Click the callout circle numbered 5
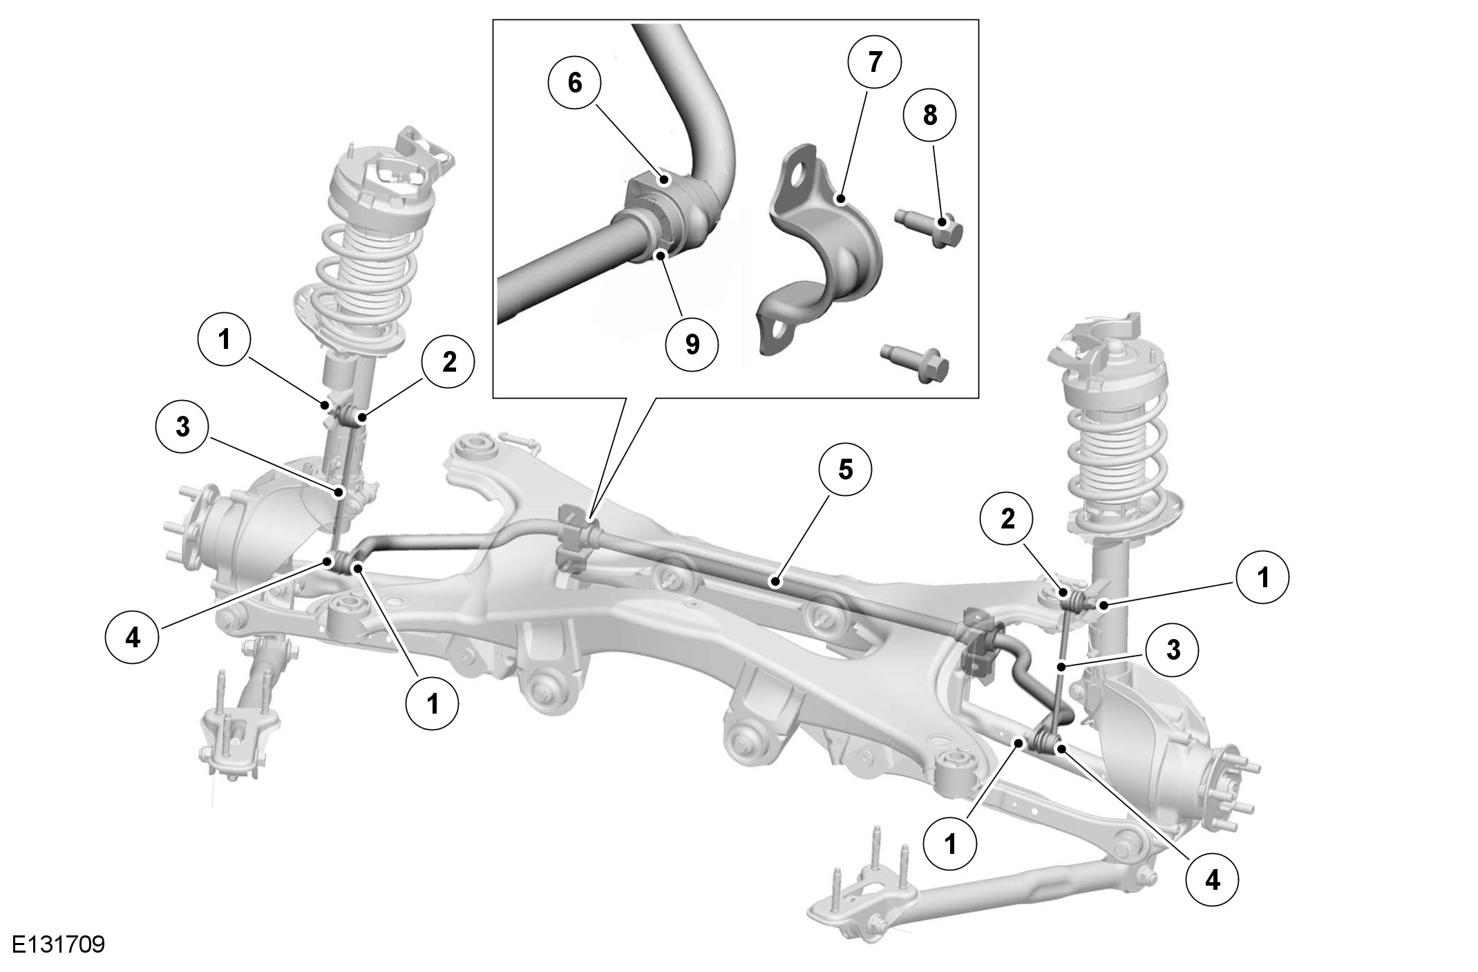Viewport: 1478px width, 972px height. pyautogui.click(x=845, y=470)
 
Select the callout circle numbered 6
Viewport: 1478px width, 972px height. pyautogui.click(x=575, y=83)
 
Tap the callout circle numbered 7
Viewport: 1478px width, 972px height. pyautogui.click(x=874, y=62)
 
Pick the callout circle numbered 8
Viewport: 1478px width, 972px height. pyautogui.click(x=930, y=115)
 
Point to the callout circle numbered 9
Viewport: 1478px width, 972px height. pyautogui.click(x=692, y=344)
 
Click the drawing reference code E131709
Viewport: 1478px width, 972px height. pyautogui.click(x=58, y=944)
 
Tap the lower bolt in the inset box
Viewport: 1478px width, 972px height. pyautogui.click(x=913, y=361)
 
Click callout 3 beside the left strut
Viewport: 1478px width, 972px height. pyautogui.click(x=182, y=427)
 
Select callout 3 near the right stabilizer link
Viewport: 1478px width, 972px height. pyautogui.click(x=1173, y=650)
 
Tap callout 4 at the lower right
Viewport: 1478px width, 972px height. pyautogui.click(x=1213, y=881)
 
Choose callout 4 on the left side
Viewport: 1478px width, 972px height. pyautogui.click(x=132, y=638)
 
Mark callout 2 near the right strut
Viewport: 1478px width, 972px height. pyautogui.click(x=1008, y=519)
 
